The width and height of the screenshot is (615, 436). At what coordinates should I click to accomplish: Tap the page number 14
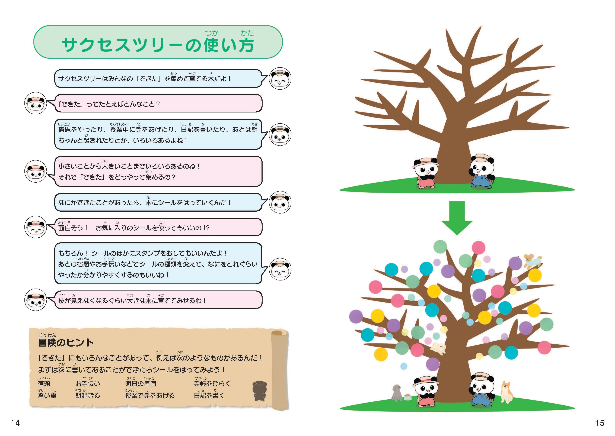pos(15,423)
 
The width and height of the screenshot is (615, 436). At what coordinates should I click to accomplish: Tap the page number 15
pos(600,423)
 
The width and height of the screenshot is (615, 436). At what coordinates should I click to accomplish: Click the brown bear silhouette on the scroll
pos(260,391)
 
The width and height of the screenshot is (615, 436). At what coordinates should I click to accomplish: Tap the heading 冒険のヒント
pos(66,342)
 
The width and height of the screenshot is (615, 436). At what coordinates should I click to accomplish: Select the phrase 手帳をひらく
pos(212,384)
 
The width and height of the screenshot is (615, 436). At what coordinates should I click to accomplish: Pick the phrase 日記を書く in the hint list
pos(209,395)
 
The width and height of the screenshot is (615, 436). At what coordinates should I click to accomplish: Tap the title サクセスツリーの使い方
pos(158,45)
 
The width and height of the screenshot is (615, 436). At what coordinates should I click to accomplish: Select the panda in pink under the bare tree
pos(425,173)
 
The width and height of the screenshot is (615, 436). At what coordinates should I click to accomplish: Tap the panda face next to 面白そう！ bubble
pos(36,227)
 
